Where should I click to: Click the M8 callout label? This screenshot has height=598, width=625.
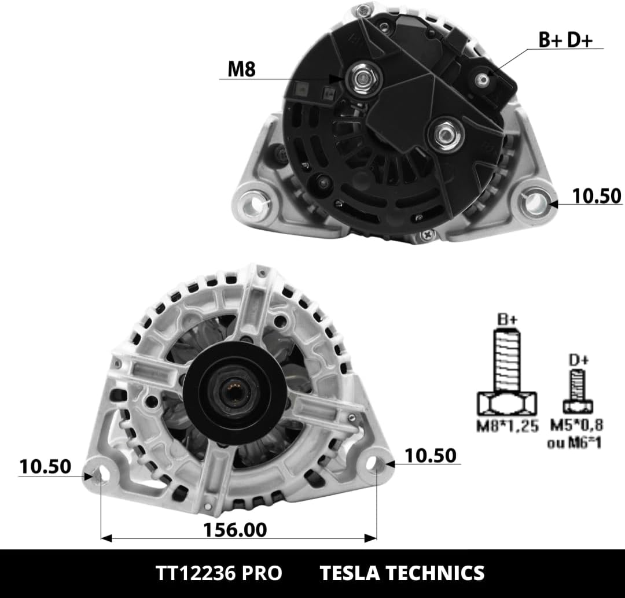point(241,69)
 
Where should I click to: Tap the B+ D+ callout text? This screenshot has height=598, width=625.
point(565,40)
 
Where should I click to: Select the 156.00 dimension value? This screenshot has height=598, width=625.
point(235,530)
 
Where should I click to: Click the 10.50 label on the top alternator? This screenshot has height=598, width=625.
point(596,196)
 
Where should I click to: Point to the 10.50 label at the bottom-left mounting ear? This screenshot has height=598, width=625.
point(45,467)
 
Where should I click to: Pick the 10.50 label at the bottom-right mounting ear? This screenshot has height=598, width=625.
point(431,455)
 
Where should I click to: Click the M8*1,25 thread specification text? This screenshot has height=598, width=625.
point(508,426)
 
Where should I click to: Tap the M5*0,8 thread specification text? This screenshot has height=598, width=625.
point(576,424)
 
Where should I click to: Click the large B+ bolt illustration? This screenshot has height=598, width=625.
point(507,370)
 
